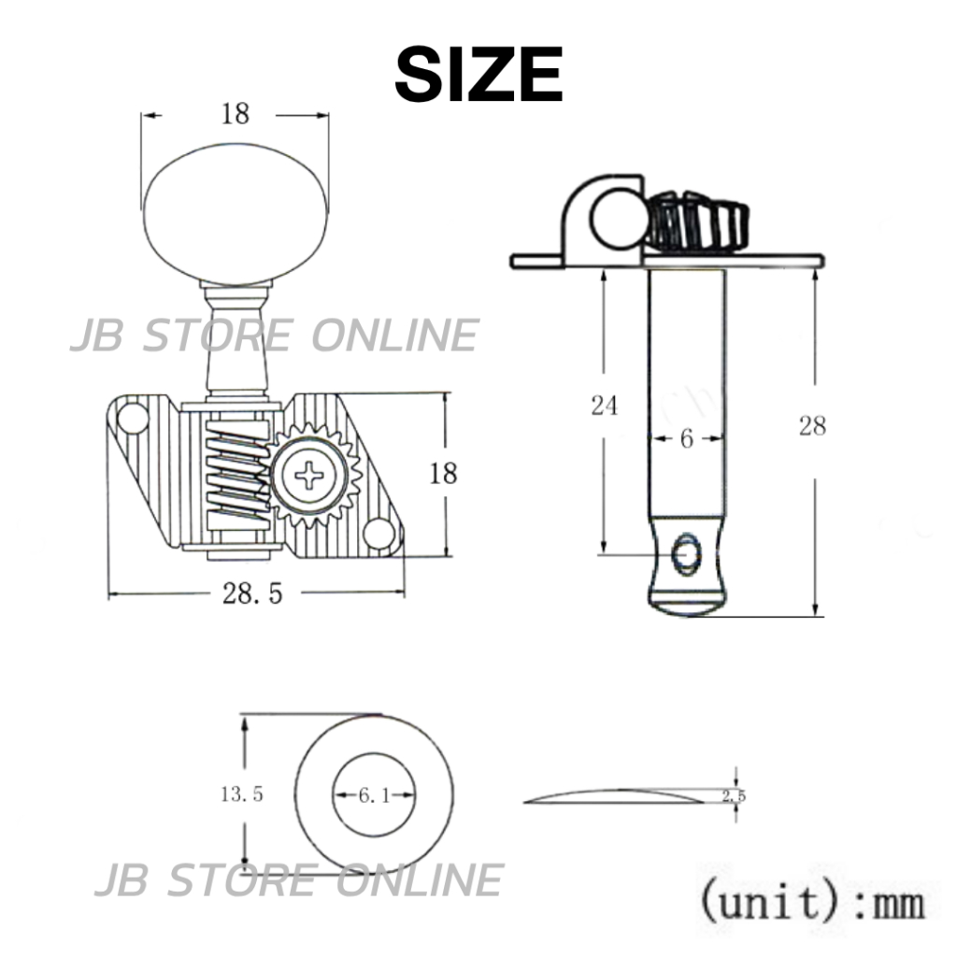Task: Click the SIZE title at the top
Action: coord(478,75)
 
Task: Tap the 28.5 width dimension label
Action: coord(252,593)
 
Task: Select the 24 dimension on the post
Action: coord(605,406)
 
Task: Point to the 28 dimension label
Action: coord(812,426)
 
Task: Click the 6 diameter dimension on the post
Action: coord(687,438)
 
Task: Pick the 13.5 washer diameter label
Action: coord(242,794)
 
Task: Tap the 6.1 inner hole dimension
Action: coord(374,795)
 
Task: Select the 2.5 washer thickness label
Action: coord(734,796)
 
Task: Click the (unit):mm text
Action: coord(812,902)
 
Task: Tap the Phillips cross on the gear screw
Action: coord(309,476)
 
